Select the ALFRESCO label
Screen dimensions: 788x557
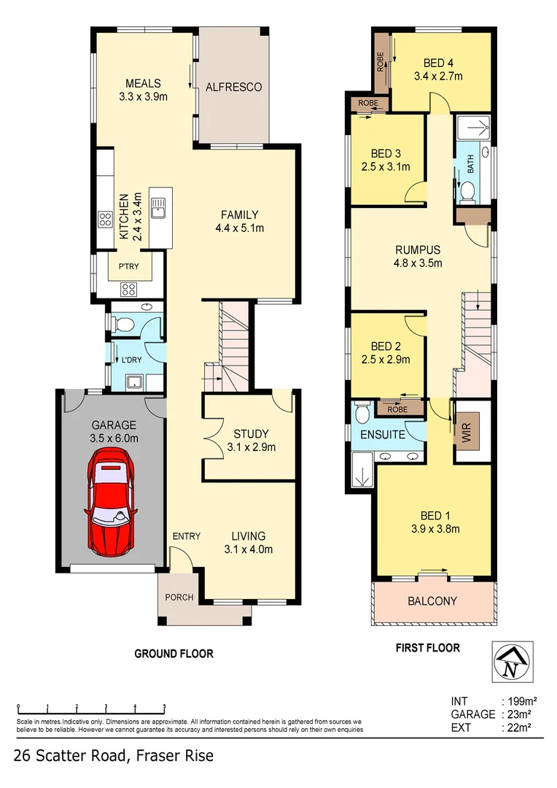tap(233, 87)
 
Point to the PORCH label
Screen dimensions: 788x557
tap(179, 597)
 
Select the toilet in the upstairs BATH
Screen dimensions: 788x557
tap(467, 192)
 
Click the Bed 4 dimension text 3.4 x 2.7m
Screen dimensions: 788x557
tap(438, 76)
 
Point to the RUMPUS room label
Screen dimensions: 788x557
tap(417, 249)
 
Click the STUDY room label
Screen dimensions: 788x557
tap(251, 433)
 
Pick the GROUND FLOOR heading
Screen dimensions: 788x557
tap(174, 654)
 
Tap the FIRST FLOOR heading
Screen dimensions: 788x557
tap(427, 647)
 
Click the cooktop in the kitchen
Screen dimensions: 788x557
tap(104, 220)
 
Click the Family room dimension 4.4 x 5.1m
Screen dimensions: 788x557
tap(239, 228)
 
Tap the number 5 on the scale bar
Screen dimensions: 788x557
tap(164, 706)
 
